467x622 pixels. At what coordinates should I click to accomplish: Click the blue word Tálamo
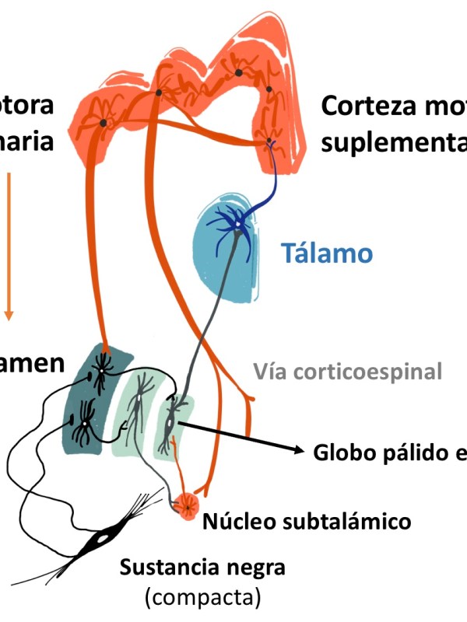click(x=327, y=253)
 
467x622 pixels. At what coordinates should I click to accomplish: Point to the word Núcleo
click(x=237, y=520)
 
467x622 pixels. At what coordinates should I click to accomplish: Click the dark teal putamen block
click(x=87, y=397)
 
